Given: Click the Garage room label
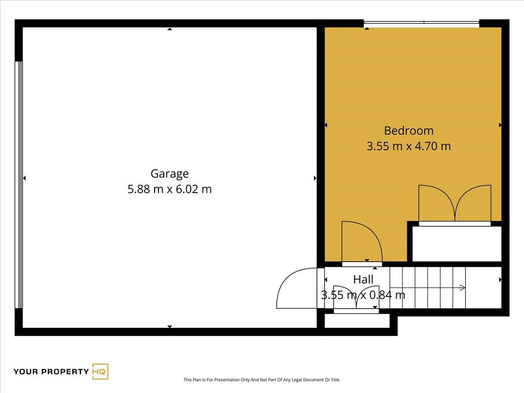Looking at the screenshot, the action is [x=169, y=174].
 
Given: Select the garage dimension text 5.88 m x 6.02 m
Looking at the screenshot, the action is [x=169, y=189].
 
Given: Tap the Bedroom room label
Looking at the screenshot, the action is [x=409, y=131].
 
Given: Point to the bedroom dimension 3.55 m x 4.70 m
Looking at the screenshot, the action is [x=409, y=146].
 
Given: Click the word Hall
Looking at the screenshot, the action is [x=363, y=279].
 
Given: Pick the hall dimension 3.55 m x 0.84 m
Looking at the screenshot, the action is [x=363, y=295].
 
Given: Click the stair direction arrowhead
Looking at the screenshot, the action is [x=462, y=288].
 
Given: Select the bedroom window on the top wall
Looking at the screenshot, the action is [x=421, y=24].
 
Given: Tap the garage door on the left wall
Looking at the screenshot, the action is [x=19, y=185].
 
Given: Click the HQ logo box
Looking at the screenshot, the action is [x=100, y=372].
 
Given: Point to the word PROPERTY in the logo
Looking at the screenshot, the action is [x=65, y=372].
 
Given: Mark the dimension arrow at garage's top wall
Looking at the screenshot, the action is [x=169, y=29].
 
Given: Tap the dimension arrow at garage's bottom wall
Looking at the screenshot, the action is [x=169, y=327].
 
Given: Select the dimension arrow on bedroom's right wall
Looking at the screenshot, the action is [x=500, y=125].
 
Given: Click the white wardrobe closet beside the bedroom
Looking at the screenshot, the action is [x=457, y=244].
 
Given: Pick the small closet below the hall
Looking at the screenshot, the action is [x=357, y=321].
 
